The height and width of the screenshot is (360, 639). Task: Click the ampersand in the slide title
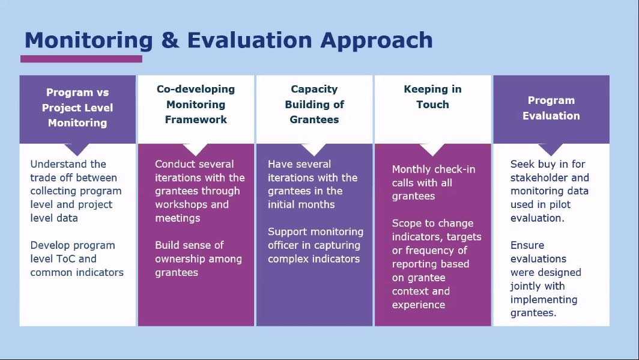(170, 40)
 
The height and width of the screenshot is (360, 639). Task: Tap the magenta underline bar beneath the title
(82, 59)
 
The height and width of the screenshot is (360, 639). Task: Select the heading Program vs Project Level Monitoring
(77, 108)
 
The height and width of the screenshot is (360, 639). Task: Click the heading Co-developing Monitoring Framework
(196, 105)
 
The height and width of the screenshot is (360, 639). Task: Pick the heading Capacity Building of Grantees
(314, 105)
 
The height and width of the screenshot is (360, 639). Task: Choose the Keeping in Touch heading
(433, 97)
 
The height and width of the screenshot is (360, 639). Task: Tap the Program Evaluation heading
(551, 108)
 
